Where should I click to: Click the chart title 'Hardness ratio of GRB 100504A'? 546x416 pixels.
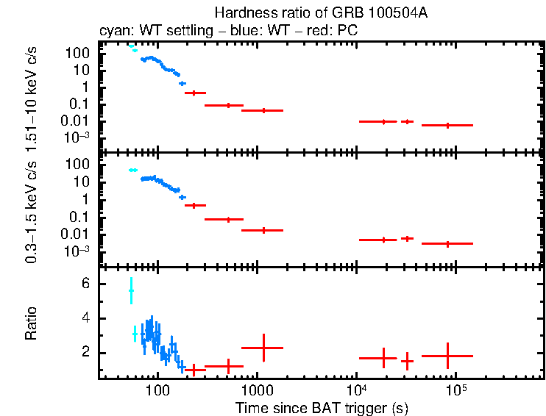(320, 12)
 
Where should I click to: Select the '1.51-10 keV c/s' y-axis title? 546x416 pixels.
(31, 96)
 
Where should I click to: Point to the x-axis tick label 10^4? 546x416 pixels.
(356, 388)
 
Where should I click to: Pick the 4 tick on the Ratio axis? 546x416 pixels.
(85, 318)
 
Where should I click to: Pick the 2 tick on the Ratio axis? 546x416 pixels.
(85, 353)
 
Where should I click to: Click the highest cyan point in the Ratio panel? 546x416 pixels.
(131, 291)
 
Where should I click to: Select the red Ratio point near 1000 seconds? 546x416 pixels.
(263, 348)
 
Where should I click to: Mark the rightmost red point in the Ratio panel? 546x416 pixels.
(447, 356)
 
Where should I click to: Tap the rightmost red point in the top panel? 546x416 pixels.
(447, 125)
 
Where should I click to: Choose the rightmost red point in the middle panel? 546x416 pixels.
(447, 243)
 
